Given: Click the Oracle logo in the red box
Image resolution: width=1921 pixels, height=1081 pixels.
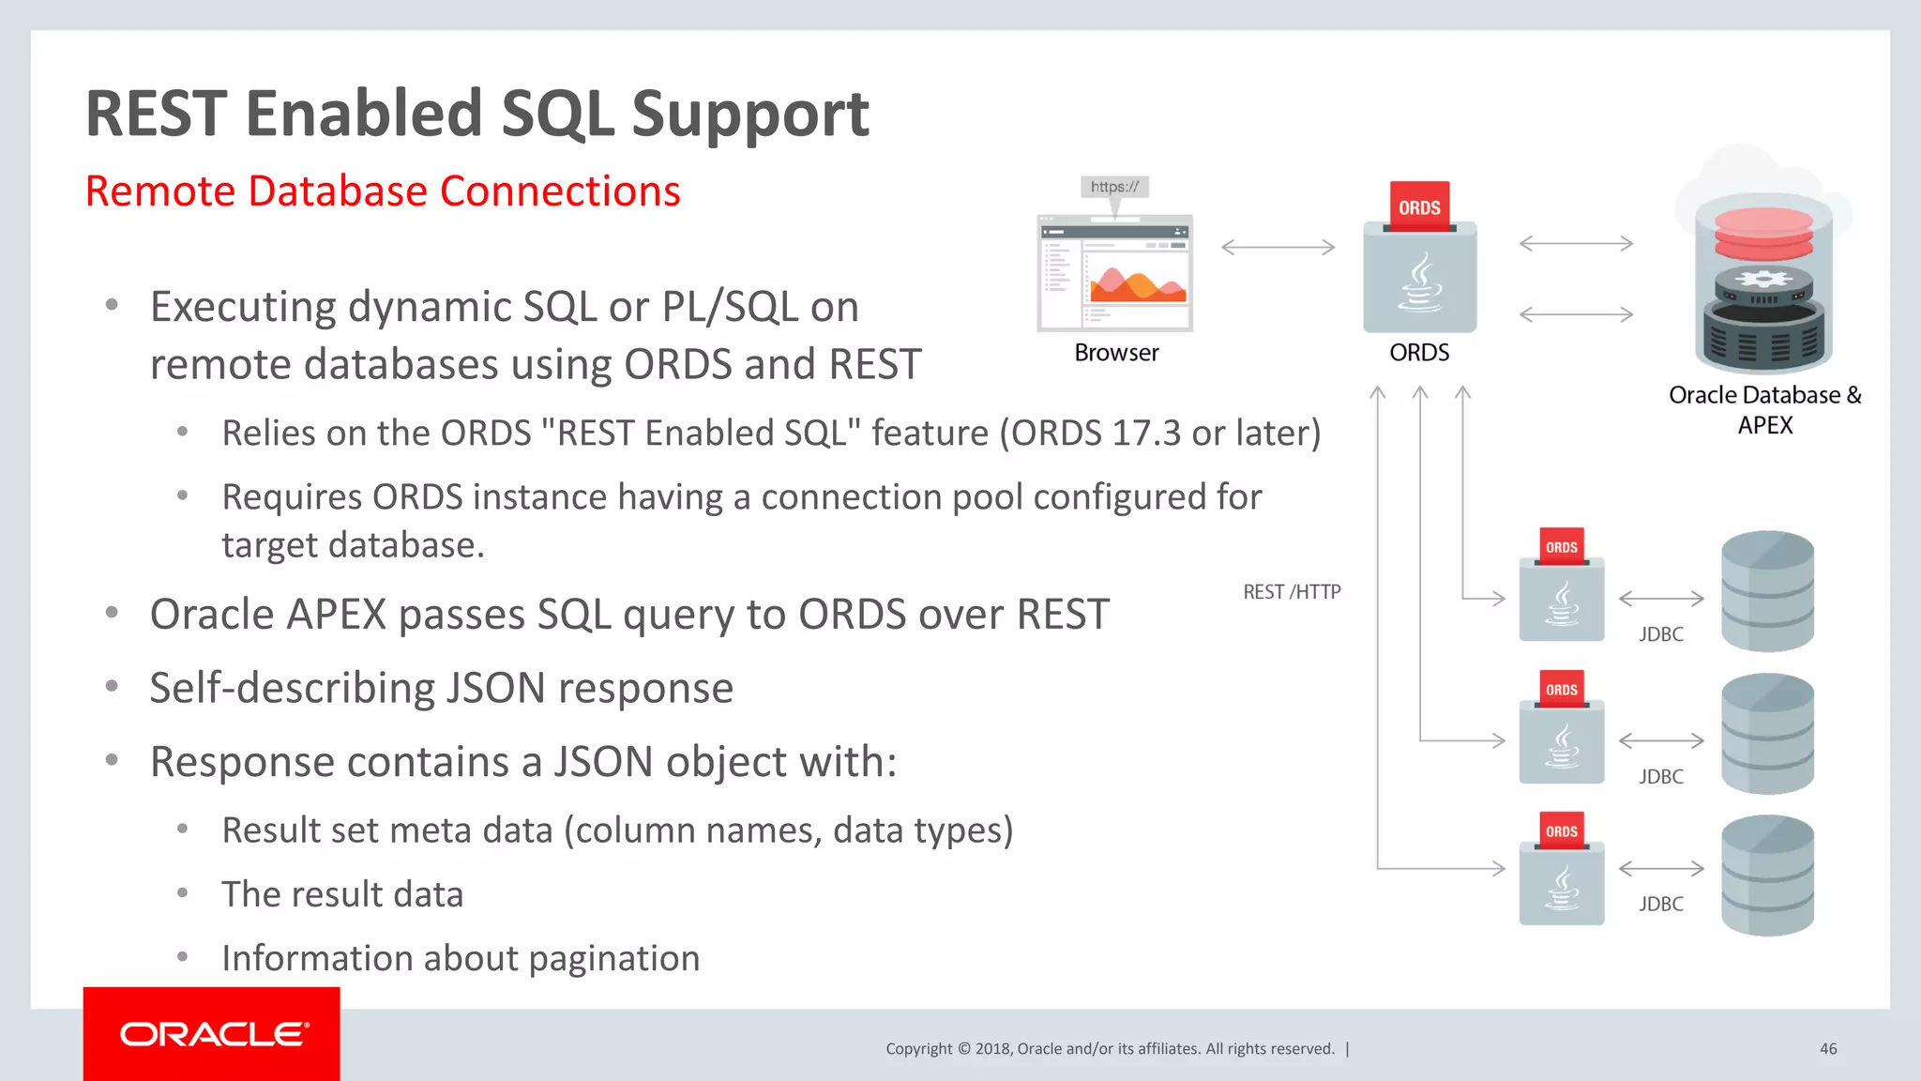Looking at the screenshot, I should click(x=213, y=1034).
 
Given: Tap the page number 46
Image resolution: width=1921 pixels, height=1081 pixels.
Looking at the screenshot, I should click(x=1828, y=1049).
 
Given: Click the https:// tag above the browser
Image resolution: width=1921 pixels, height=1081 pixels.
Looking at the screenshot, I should click(x=1114, y=187).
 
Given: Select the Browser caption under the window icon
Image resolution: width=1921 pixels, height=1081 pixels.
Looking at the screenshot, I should click(x=1116, y=353).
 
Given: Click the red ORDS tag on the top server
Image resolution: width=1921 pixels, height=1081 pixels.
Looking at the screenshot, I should click(x=1419, y=207).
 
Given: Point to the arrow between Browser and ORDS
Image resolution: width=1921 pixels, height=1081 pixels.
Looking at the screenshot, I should click(x=1278, y=247).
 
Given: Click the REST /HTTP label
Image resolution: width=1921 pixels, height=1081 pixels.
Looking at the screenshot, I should click(x=1292, y=592).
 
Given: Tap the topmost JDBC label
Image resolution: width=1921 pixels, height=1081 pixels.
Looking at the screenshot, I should click(x=1660, y=634).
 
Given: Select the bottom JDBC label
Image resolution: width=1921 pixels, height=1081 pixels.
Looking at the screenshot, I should click(x=1660, y=904).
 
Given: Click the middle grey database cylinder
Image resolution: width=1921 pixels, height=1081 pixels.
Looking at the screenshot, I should click(x=1767, y=734).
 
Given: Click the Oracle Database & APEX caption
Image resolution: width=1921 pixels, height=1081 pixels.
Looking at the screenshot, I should click(x=1764, y=409).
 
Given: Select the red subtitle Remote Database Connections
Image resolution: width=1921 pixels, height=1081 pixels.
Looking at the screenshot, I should click(x=383, y=191).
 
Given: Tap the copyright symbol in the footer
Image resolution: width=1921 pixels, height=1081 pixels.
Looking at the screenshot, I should click(x=963, y=1049).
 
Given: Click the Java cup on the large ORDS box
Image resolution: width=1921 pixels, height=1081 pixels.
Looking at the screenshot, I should click(x=1420, y=282).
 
